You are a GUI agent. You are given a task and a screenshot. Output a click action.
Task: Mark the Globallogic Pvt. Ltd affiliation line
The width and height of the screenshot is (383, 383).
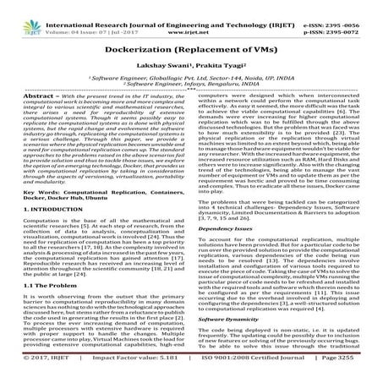[x=191, y=78]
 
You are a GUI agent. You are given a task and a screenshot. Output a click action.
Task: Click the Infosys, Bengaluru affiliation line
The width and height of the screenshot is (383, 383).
[x=191, y=85]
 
